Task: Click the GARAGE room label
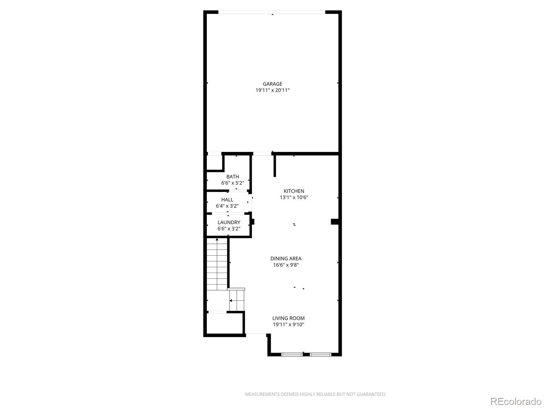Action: [x=272, y=84]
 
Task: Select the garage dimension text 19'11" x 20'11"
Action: [x=272, y=90]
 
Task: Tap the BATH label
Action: [x=233, y=176]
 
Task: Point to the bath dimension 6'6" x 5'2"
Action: [x=233, y=183]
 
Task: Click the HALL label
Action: [x=227, y=200]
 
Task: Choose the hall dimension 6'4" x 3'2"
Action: [x=227, y=206]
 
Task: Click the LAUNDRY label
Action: [x=229, y=222]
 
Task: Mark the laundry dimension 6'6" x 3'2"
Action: [x=229, y=228]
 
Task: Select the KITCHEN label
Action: [x=294, y=191]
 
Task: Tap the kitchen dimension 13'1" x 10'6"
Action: [x=294, y=198]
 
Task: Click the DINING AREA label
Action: [x=286, y=259]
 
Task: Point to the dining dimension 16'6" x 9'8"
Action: [x=286, y=265]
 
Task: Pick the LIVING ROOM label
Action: [x=289, y=318]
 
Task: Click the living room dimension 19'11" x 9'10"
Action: [x=289, y=324]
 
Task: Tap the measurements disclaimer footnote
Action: [x=315, y=394]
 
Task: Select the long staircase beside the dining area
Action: [x=217, y=264]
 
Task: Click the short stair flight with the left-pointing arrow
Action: [x=237, y=301]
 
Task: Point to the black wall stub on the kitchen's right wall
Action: [x=335, y=222]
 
